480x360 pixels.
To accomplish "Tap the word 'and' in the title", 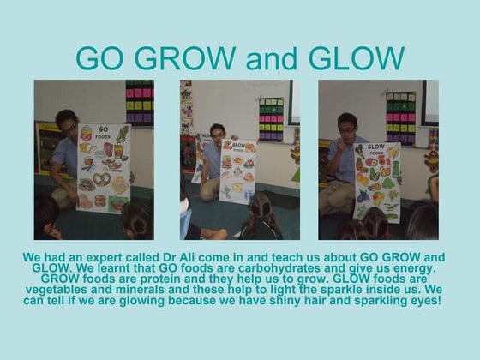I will [270, 58].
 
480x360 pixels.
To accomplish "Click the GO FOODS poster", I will [103, 168].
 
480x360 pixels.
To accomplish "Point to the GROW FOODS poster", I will [237, 170].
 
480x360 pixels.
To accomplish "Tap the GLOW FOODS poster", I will [377, 181].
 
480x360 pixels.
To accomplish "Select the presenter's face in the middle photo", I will [217, 134].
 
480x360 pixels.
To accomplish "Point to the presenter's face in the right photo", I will [346, 129].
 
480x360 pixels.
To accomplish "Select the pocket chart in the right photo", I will [400, 117].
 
